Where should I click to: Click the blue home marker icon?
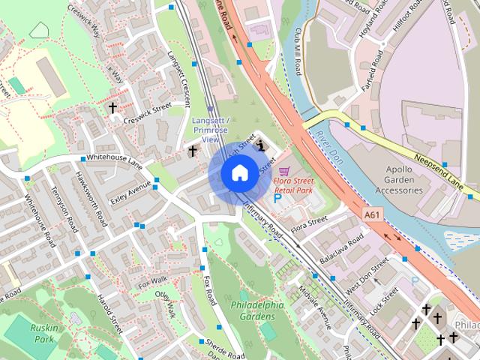pos(238,173)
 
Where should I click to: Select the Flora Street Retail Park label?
pos(293,184)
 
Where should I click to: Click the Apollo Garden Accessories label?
pos(398,180)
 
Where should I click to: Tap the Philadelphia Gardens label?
pos(257,310)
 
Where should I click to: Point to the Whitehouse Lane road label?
pos(113,158)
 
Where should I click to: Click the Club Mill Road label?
pos(298,53)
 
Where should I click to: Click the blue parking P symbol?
pos(277,200)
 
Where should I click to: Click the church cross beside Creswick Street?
pos(113,108)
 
